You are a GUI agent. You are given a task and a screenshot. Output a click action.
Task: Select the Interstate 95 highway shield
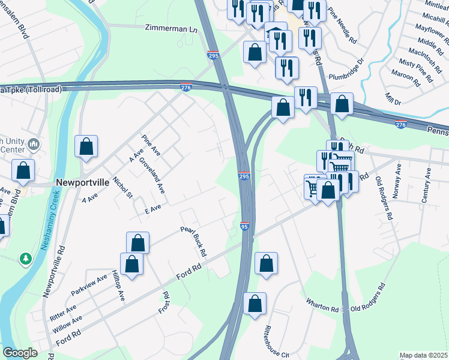click(244, 226)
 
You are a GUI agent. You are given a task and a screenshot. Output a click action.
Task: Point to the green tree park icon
click(25, 259)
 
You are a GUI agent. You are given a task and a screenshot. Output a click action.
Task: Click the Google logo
click(20, 353)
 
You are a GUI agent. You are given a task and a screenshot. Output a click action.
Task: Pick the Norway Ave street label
click(397, 175)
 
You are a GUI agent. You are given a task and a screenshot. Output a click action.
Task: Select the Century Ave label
click(427, 185)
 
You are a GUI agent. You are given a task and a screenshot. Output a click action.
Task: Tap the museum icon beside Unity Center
click(34, 144)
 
